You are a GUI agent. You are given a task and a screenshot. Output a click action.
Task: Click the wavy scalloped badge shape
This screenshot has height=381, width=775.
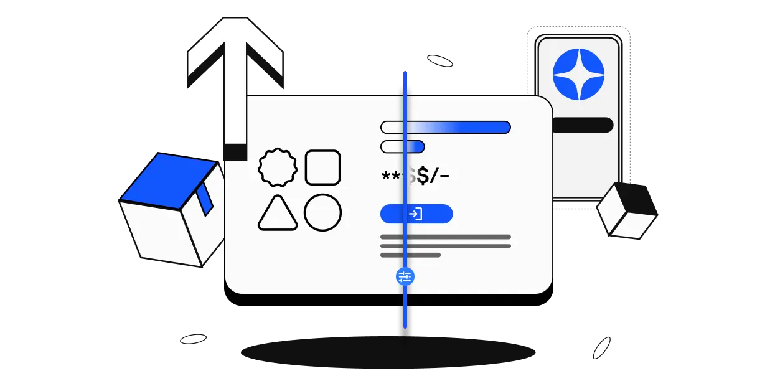278,167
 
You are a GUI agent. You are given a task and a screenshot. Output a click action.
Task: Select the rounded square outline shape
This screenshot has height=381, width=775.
322,167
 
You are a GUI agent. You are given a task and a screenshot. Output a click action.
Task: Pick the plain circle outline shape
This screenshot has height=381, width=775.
322,213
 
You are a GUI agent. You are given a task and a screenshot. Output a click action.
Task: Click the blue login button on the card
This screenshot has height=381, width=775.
416,214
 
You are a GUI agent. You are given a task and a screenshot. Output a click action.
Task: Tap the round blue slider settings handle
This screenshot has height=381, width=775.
405,276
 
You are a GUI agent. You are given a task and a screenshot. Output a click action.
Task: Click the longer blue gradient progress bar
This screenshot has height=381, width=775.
445,127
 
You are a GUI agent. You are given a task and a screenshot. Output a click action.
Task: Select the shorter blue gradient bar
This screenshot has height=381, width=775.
402,147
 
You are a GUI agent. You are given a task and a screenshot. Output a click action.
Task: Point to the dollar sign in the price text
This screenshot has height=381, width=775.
423,177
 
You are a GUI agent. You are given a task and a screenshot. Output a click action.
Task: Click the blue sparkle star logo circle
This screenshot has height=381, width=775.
578,74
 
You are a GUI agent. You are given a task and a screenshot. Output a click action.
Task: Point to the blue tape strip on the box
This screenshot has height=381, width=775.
205,199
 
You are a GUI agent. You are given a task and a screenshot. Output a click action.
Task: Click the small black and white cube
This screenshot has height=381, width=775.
627,211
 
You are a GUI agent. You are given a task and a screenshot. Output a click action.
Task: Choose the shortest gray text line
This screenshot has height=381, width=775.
410,255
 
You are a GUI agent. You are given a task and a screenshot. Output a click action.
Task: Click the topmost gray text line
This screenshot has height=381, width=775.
445,237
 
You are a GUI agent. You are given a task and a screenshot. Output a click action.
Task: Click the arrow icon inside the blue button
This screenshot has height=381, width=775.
416,214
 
